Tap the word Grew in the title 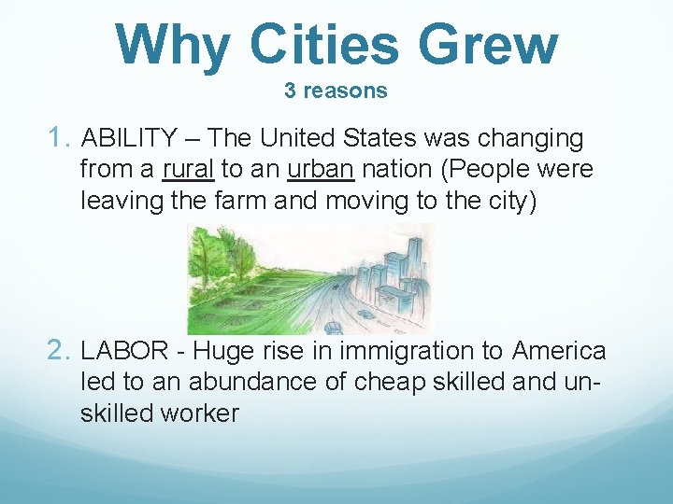(488, 44)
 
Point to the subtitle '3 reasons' (336, 91)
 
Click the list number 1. (61, 139)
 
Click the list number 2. (61, 351)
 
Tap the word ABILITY (129, 139)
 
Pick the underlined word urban (321, 170)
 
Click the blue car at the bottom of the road (333, 327)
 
